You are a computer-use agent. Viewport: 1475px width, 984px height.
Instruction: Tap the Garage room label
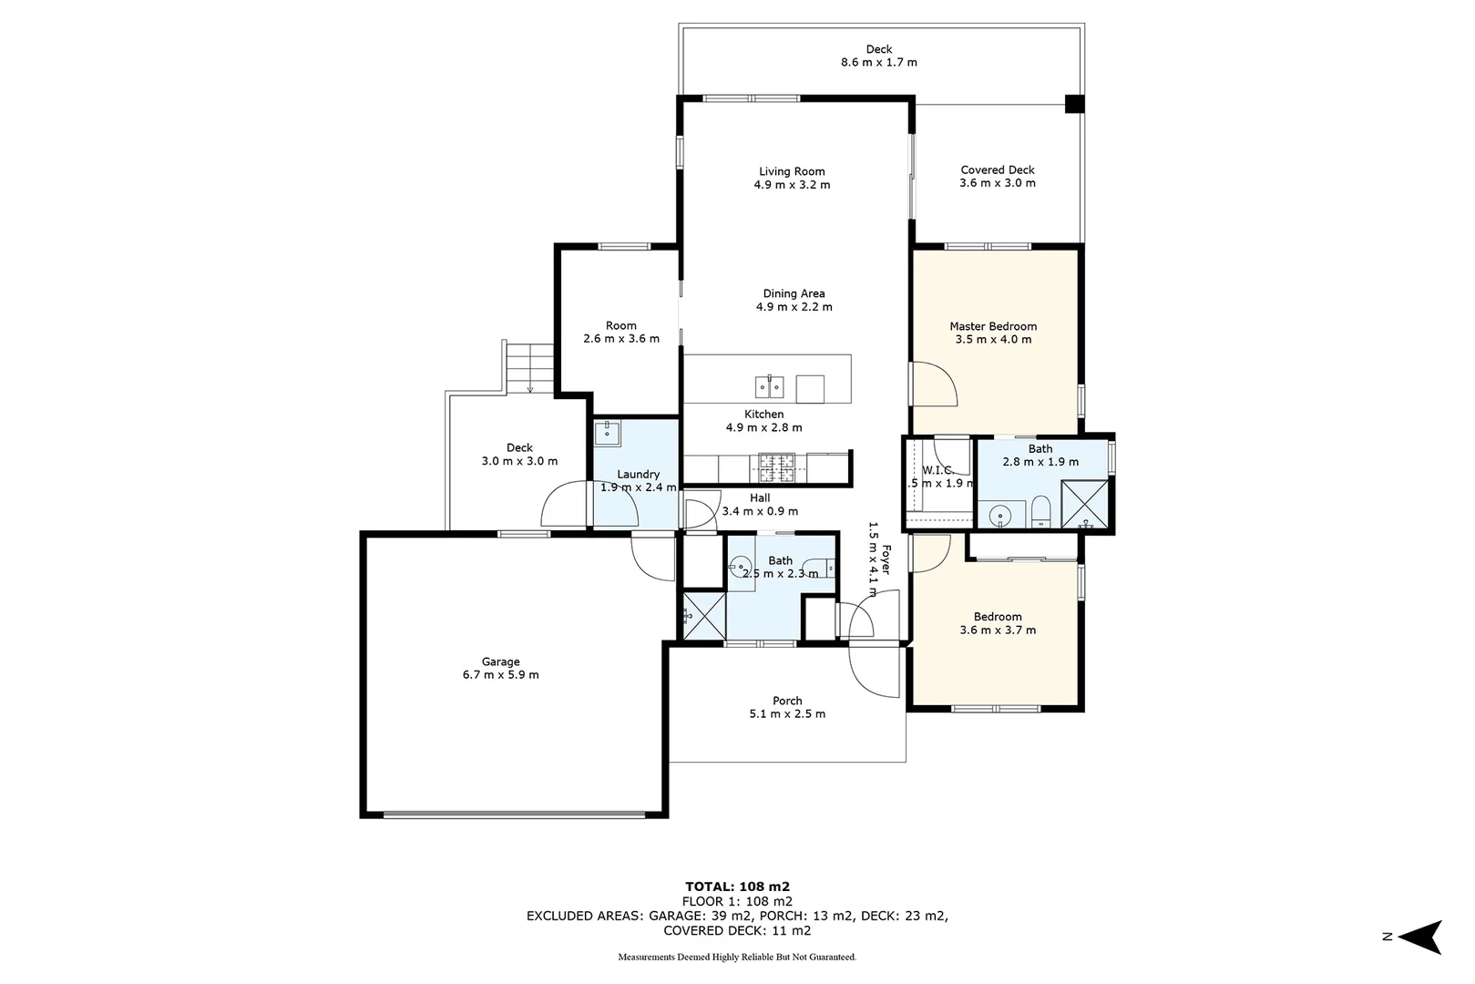pos(501,661)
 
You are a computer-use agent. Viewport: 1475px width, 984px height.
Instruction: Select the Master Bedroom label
pos(993,326)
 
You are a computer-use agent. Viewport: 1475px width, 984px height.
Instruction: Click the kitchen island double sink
pos(770,387)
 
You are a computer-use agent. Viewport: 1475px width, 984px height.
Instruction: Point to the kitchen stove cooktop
pos(776,466)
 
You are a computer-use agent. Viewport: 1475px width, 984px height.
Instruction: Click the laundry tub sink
pos(607,432)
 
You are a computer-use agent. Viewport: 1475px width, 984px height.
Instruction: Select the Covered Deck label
pos(998,169)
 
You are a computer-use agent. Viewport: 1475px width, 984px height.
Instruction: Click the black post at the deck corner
pos(1075,104)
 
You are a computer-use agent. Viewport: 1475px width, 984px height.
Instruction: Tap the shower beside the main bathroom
pos(703,614)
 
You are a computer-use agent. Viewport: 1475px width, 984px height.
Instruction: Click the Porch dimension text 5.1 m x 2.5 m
pos(787,713)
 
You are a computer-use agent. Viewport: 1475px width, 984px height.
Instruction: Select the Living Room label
pos(792,171)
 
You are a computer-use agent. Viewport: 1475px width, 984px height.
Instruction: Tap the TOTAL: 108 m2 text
pos(736,886)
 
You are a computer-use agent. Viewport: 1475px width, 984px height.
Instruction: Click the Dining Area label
pos(794,293)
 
